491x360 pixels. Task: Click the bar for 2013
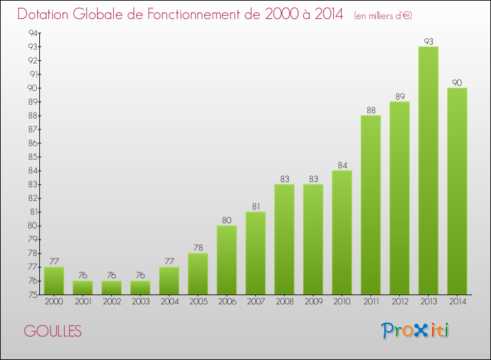point(428,170)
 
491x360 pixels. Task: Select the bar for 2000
point(54,281)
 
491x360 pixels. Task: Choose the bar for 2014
point(457,191)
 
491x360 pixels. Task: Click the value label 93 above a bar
point(428,41)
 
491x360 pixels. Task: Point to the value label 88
point(371,110)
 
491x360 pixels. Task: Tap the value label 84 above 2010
point(342,165)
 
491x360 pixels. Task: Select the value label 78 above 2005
point(198,247)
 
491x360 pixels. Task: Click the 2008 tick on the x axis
point(284,302)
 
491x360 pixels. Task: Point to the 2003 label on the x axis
point(140,302)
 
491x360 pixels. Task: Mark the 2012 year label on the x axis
point(399,302)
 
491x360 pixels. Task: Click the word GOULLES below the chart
point(53,332)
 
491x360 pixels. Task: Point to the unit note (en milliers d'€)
point(383,16)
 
